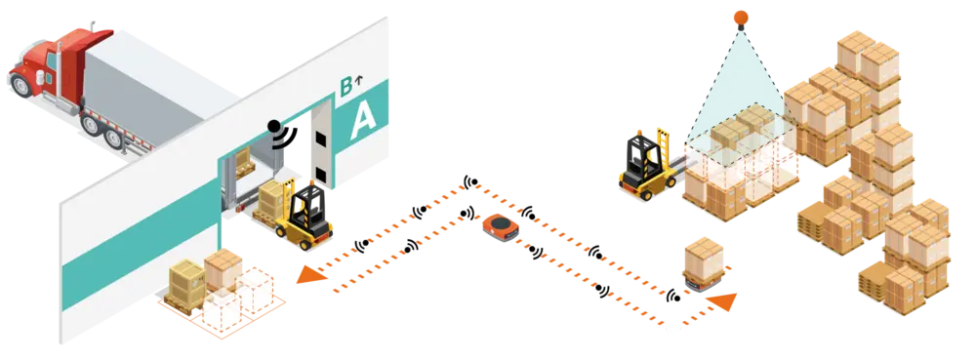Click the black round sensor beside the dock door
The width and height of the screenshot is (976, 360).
(275, 127)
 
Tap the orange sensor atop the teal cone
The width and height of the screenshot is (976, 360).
(741, 15)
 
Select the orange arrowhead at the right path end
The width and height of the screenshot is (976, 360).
(723, 302)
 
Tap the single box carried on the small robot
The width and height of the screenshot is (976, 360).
(703, 256)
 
